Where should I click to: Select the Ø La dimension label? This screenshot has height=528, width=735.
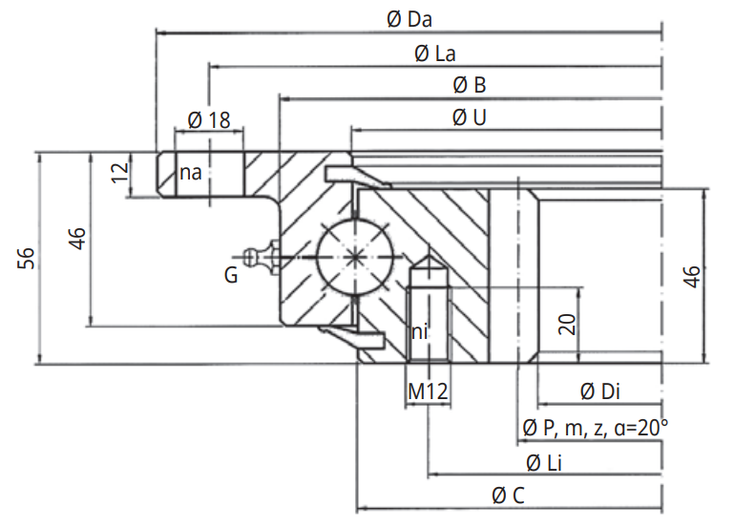click(434, 53)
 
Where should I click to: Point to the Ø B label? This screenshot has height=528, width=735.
click(470, 86)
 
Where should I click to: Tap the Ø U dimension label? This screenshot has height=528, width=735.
click(470, 117)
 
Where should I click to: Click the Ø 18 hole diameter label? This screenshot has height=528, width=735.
click(209, 119)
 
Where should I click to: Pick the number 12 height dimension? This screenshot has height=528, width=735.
click(119, 173)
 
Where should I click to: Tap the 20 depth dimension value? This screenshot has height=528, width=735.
click(567, 325)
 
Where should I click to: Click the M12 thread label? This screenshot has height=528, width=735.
click(429, 391)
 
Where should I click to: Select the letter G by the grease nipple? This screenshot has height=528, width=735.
click(231, 276)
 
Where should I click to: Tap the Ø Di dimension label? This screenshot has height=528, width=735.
click(601, 391)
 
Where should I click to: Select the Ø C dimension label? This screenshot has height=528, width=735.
click(507, 496)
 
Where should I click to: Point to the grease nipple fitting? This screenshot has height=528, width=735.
click(260, 255)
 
